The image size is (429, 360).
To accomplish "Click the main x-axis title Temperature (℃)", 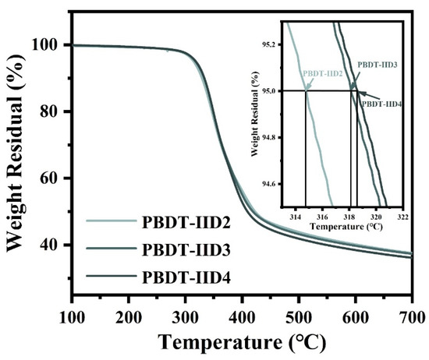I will click(x=241, y=341).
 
